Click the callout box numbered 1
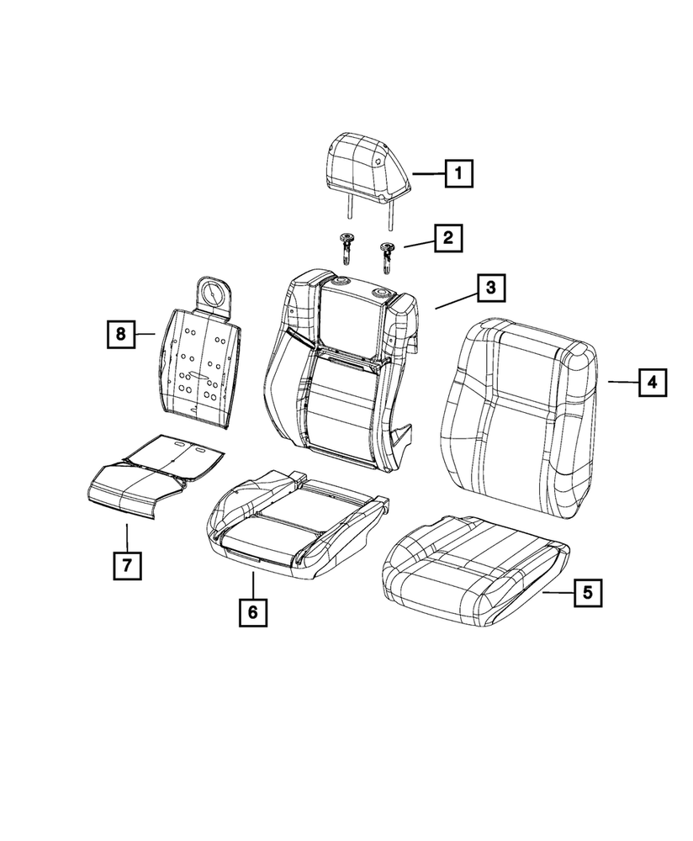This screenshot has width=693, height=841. click(x=458, y=173)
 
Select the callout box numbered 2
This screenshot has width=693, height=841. click(x=448, y=238)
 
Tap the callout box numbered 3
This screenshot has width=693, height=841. click(x=491, y=288)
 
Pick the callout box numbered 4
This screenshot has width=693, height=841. click(x=653, y=383)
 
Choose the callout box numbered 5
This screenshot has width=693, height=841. click(x=588, y=593)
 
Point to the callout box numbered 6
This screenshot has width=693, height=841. click(x=252, y=612)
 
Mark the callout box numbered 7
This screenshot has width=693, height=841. click(x=127, y=565)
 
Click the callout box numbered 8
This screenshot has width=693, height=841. click(x=120, y=334)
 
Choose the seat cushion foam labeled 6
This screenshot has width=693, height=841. click(x=299, y=524)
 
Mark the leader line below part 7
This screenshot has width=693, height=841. click(x=127, y=537)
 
